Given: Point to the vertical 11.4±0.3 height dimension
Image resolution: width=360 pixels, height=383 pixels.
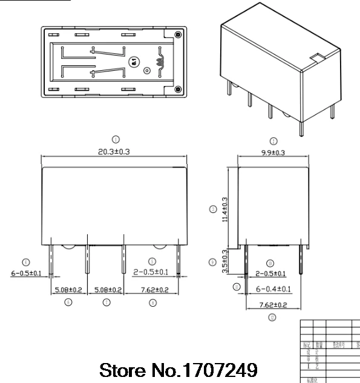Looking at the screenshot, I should [x=225, y=208].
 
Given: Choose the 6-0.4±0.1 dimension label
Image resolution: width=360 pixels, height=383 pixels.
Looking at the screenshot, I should [x=274, y=289].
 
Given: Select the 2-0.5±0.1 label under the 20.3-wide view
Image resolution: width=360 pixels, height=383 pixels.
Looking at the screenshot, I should [x=151, y=273].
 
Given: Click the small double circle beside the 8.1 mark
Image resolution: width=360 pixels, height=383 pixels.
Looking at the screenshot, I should [x=146, y=70].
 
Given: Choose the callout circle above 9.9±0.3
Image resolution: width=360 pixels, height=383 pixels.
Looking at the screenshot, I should [x=273, y=140].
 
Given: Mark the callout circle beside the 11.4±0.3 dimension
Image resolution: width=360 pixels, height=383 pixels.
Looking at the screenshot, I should [x=212, y=209].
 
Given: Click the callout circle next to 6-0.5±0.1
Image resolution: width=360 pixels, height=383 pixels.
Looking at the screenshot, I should [x=25, y=262].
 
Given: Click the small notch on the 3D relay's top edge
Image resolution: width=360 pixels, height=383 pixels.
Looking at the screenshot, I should [x=315, y=58].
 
